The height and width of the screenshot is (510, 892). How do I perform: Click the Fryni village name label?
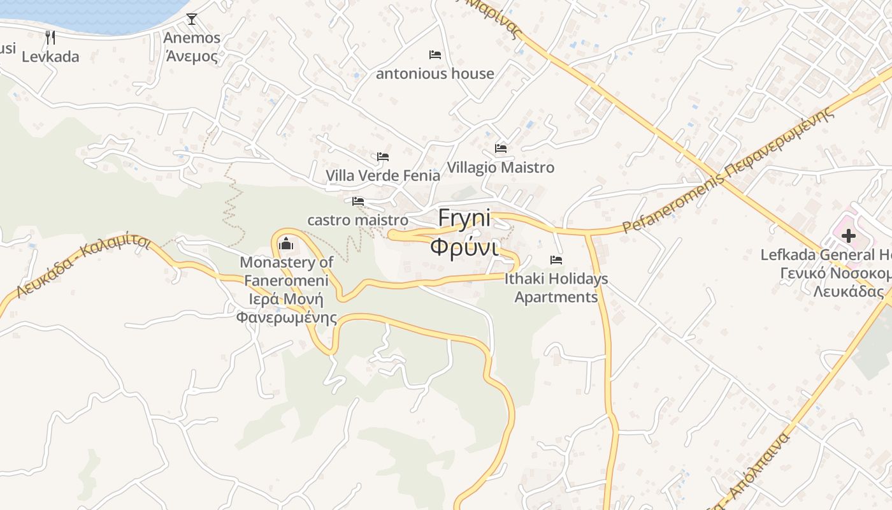tap(464, 219)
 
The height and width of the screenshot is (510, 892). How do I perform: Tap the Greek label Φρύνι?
tap(463, 247)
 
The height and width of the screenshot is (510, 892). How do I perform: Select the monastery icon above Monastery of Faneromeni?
tap(286, 244)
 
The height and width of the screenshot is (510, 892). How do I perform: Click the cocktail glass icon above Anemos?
tap(192, 19)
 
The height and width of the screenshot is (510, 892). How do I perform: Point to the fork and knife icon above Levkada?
tap(50, 38)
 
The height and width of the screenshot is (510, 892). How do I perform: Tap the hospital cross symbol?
tap(848, 236)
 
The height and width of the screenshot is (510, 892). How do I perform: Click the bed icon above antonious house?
tap(435, 55)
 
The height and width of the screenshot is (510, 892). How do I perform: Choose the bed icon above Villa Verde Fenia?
tap(383, 156)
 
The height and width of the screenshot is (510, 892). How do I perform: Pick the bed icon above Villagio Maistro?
tap(501, 149)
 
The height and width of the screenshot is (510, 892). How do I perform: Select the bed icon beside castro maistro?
tap(358, 201)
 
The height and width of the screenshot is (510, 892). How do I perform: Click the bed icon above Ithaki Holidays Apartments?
tap(556, 260)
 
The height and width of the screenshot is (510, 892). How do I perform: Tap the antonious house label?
tap(435, 74)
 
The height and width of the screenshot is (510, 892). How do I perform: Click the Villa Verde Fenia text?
tap(383, 175)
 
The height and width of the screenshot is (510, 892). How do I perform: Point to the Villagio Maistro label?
tap(501, 168)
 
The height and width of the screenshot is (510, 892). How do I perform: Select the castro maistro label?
tap(357, 220)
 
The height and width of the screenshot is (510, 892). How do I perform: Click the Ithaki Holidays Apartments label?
tap(556, 288)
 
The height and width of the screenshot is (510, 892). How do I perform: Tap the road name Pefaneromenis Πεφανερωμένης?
tap(728, 171)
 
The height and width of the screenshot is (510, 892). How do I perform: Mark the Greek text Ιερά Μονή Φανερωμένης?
tap(286, 309)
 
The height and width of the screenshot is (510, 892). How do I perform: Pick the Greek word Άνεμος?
tap(192, 56)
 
